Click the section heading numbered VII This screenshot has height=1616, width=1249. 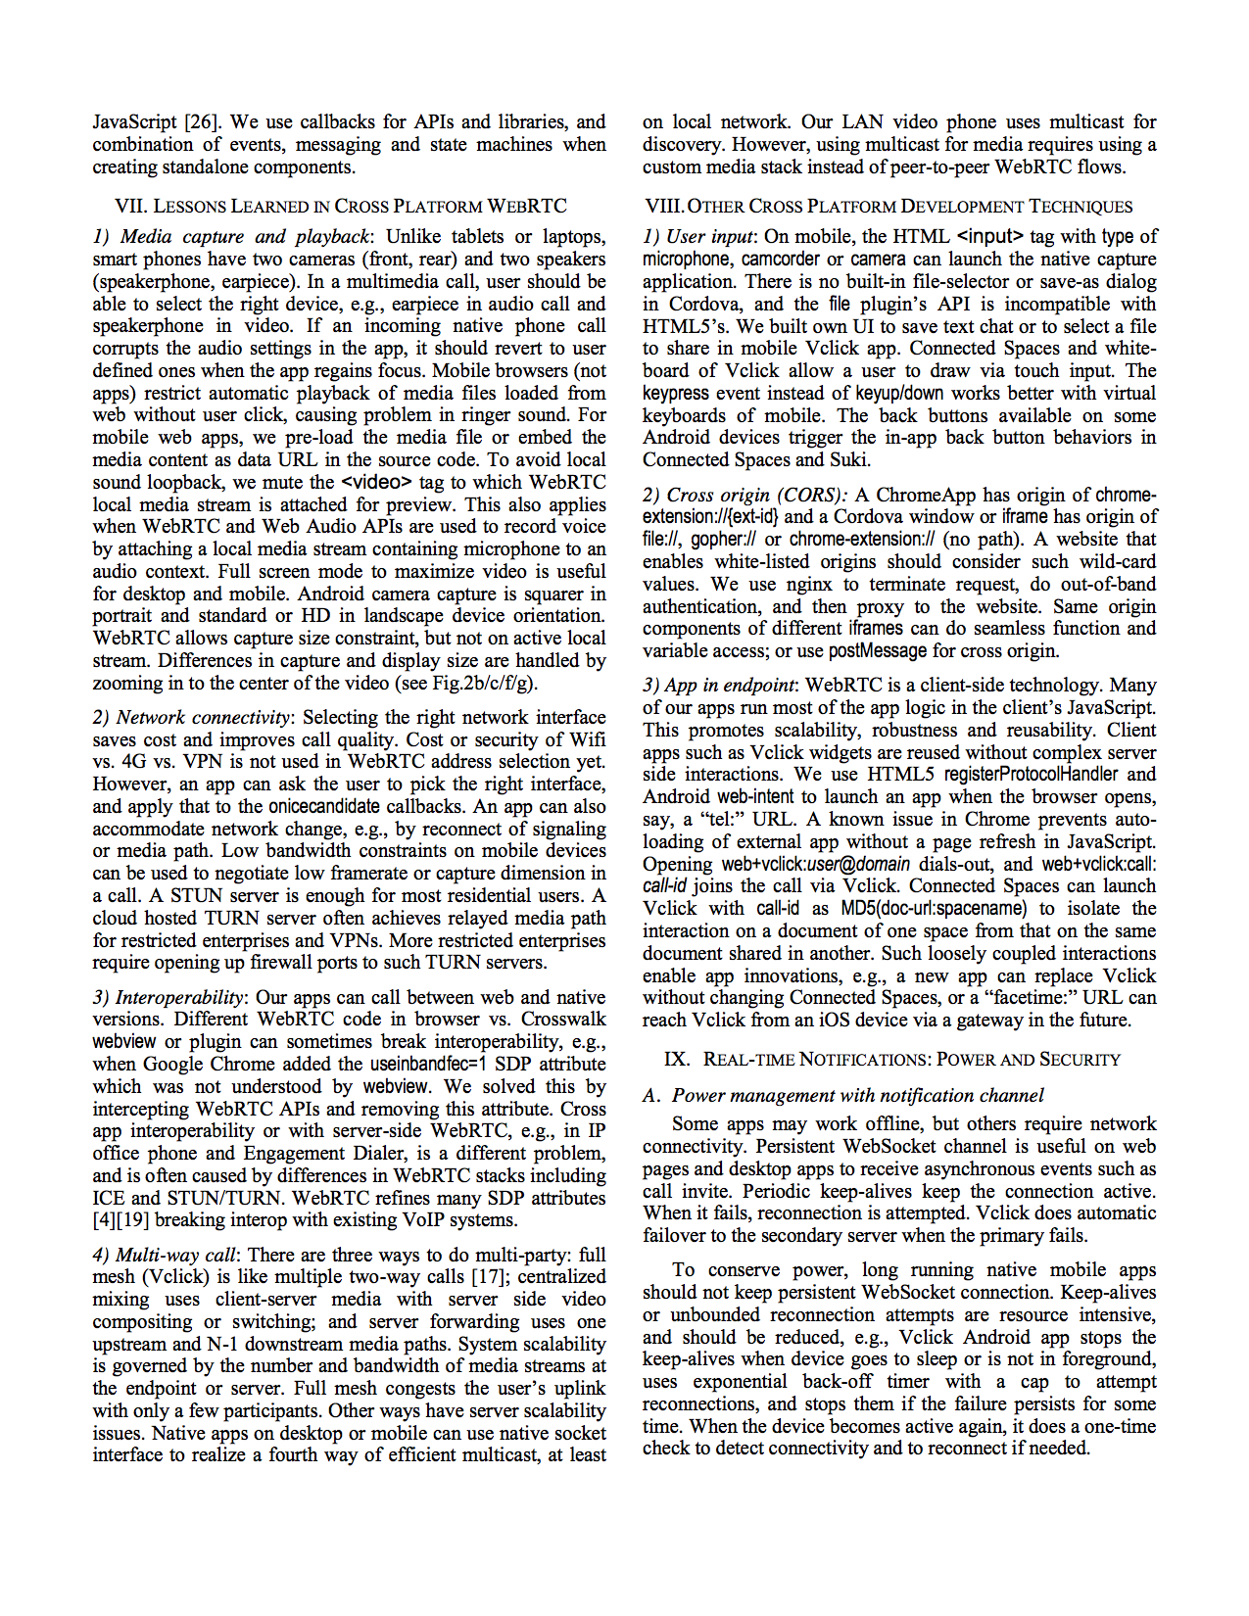[341, 207]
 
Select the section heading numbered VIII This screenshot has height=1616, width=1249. [889, 207]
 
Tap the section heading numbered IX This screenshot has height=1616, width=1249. [891, 1060]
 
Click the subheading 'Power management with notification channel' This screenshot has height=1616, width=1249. [857, 1096]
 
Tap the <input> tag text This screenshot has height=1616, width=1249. [989, 237]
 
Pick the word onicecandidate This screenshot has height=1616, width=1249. [323, 807]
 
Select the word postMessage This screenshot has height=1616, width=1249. [878, 651]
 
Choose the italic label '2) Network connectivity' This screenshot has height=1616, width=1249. [192, 718]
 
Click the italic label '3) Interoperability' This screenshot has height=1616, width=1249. [168, 998]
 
